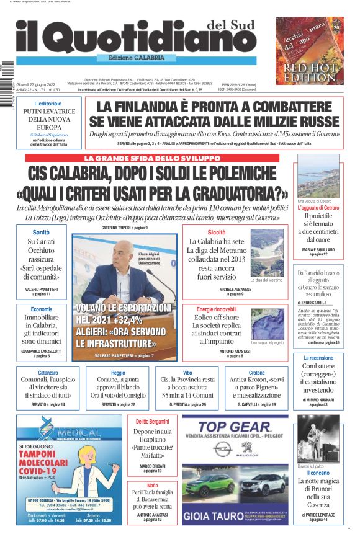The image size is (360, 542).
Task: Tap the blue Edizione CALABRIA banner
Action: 137,58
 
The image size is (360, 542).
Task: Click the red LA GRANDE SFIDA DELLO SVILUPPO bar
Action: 152,158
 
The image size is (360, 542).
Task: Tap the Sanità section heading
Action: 41,232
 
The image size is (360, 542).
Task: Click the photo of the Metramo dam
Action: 266,257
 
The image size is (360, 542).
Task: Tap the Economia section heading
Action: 41,309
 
